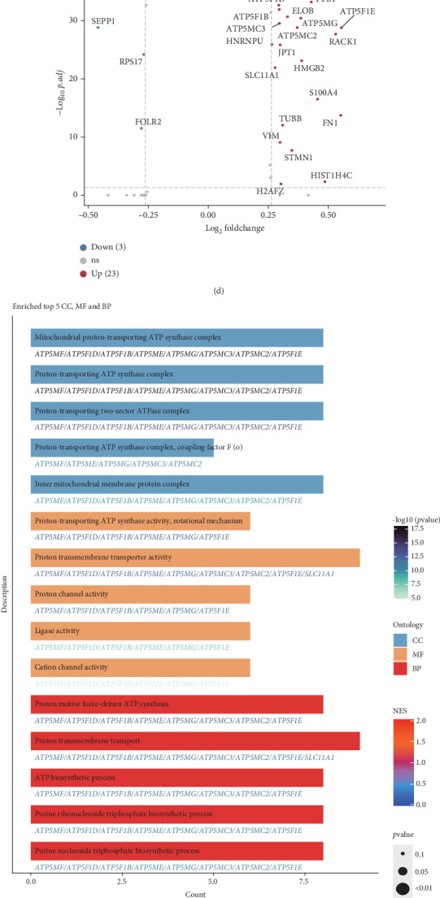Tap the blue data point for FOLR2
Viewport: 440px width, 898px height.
pos(141,128)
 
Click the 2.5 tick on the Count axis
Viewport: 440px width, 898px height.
pos(122,881)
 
